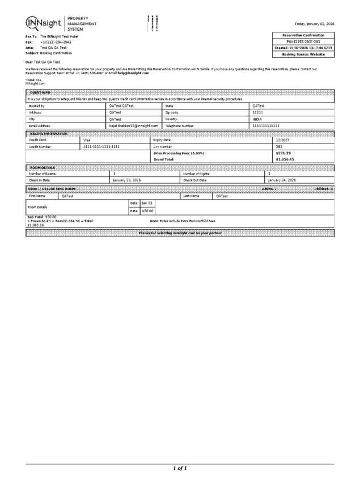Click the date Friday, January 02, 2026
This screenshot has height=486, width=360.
[x=314, y=24]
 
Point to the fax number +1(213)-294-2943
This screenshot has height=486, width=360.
[x=56, y=42]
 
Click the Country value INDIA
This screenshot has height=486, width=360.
[x=257, y=119]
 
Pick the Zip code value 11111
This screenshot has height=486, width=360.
[x=257, y=112]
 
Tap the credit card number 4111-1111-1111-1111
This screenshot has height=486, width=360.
[x=101, y=146]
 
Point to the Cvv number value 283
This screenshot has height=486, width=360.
[x=279, y=146]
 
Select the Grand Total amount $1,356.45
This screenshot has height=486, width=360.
[x=285, y=159]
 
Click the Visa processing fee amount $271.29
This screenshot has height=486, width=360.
[x=283, y=153]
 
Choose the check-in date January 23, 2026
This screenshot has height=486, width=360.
[x=128, y=180]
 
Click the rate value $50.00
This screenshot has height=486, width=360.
[x=147, y=211]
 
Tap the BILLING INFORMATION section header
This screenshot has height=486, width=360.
[x=48, y=133]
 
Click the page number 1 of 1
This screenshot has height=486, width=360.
[x=180, y=468]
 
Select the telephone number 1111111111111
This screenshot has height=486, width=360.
[x=266, y=125]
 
